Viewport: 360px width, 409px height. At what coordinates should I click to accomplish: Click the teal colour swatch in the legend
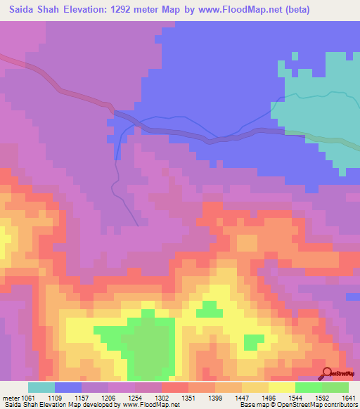click(41, 387)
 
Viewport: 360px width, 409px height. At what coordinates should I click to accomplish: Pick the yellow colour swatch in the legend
click(282, 387)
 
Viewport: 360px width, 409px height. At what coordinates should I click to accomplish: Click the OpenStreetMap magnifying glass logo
click(326, 373)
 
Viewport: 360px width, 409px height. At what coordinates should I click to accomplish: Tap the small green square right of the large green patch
click(254, 342)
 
